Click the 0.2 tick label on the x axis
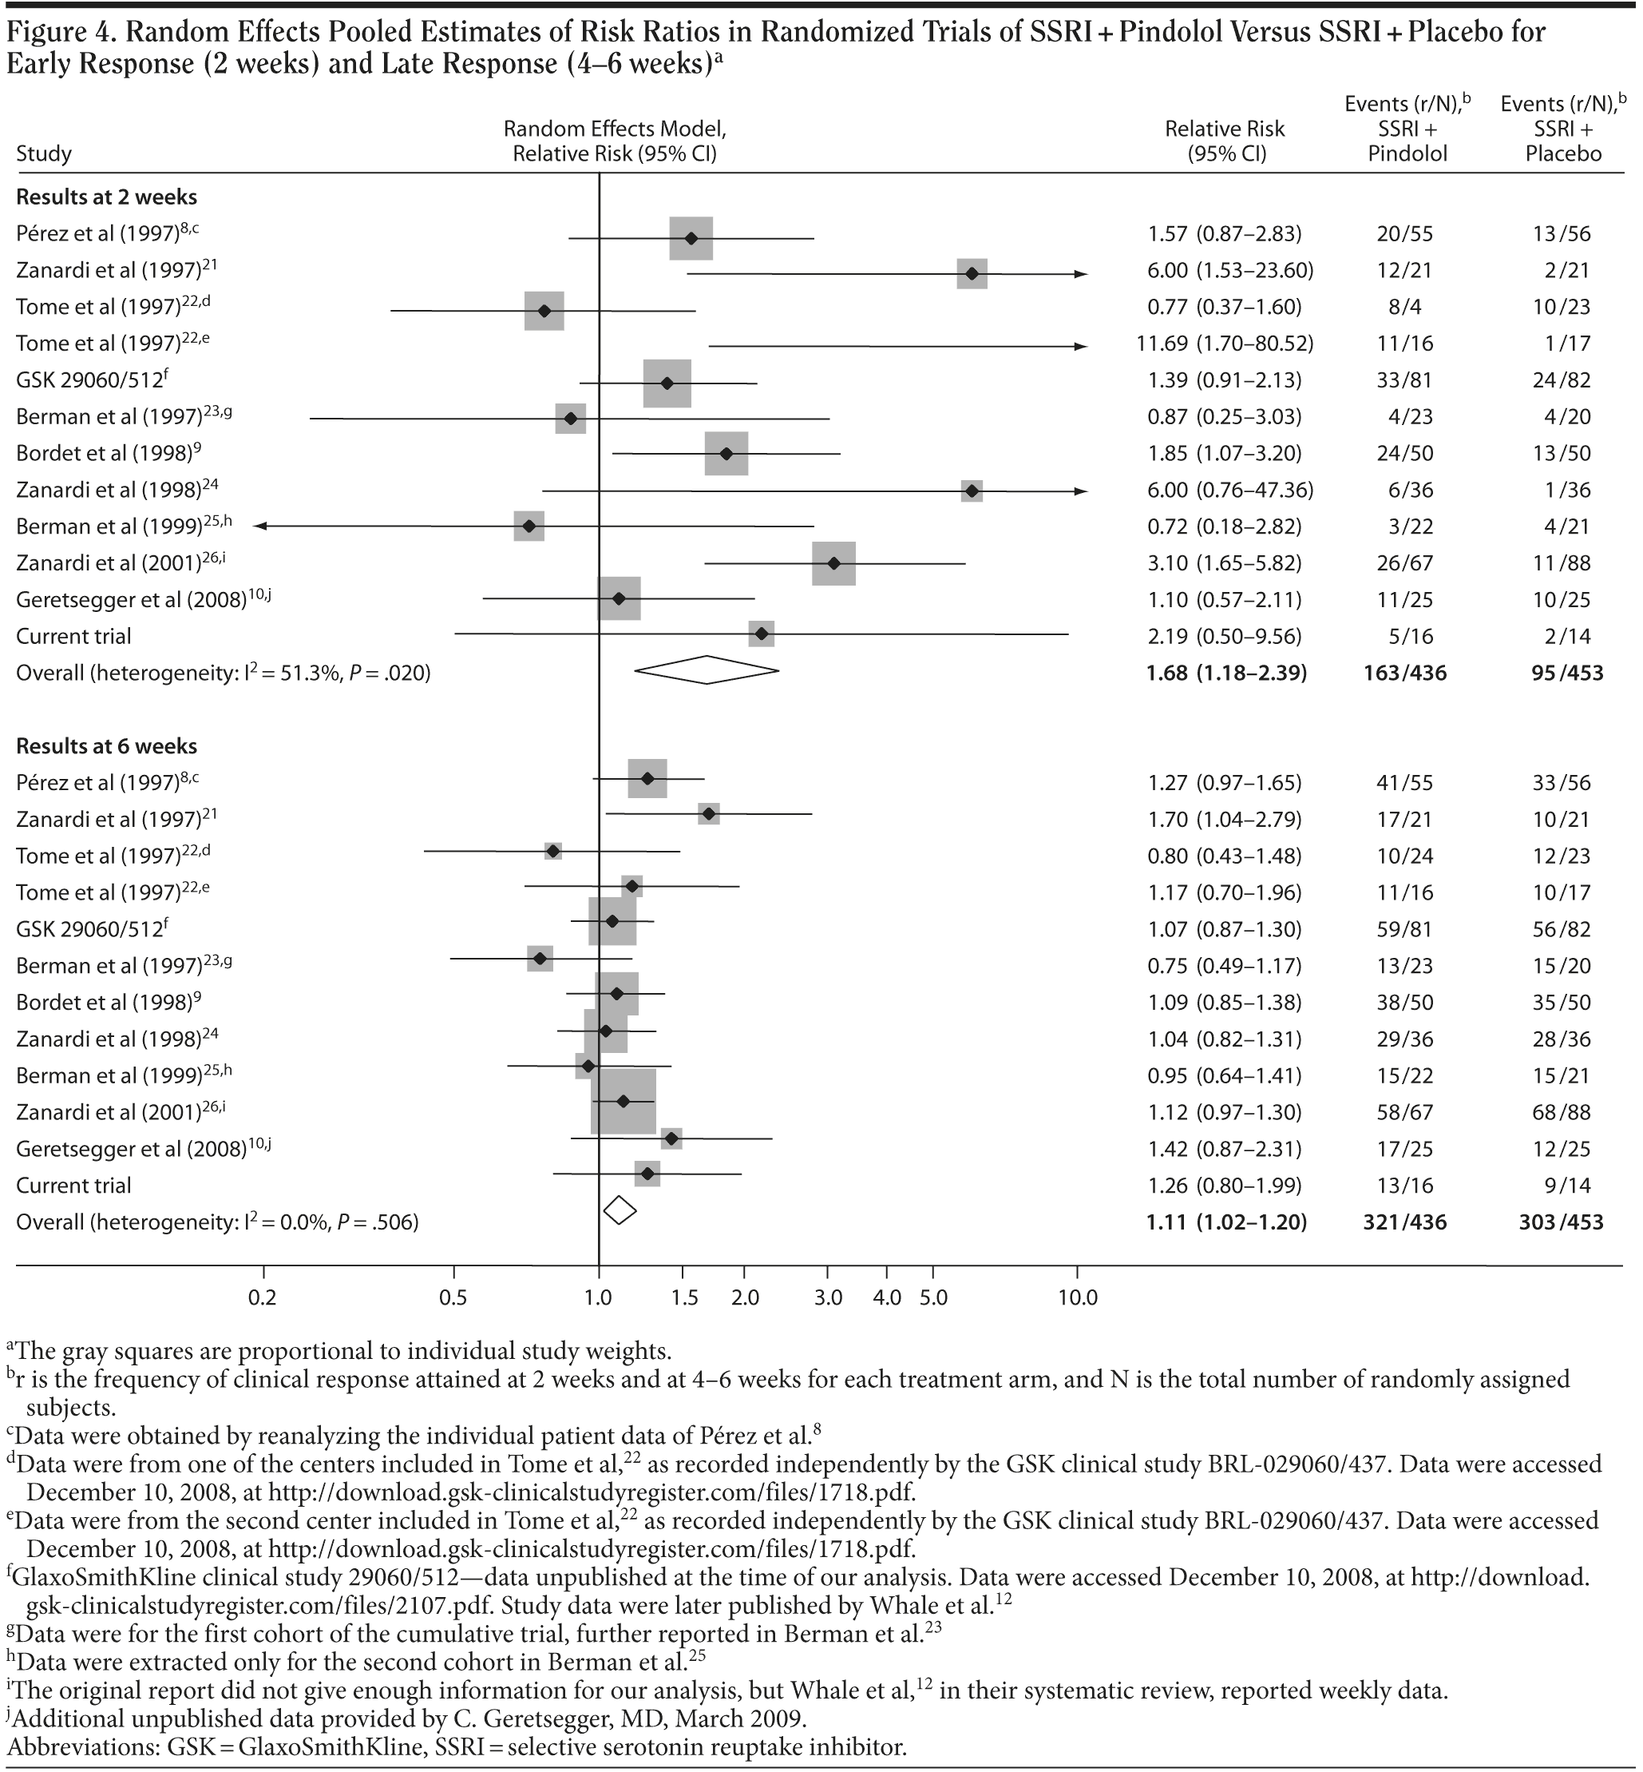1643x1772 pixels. (263, 1298)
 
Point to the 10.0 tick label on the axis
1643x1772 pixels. (1077, 1298)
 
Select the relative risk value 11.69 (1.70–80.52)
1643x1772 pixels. (1224, 344)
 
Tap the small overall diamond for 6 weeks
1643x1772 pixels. (620, 1210)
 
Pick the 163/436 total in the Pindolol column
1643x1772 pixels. (1405, 673)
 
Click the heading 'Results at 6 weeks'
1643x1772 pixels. (107, 746)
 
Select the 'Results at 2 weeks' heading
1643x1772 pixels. (107, 197)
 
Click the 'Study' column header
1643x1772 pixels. (44, 154)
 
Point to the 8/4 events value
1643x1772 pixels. (1405, 307)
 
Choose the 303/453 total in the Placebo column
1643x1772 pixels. (1562, 1222)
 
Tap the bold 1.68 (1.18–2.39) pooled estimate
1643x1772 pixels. (1226, 673)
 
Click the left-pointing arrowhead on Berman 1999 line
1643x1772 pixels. (259, 526)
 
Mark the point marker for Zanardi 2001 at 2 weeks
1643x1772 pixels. (833, 563)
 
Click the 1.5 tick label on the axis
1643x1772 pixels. (685, 1298)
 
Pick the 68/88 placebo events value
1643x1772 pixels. (1562, 1112)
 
